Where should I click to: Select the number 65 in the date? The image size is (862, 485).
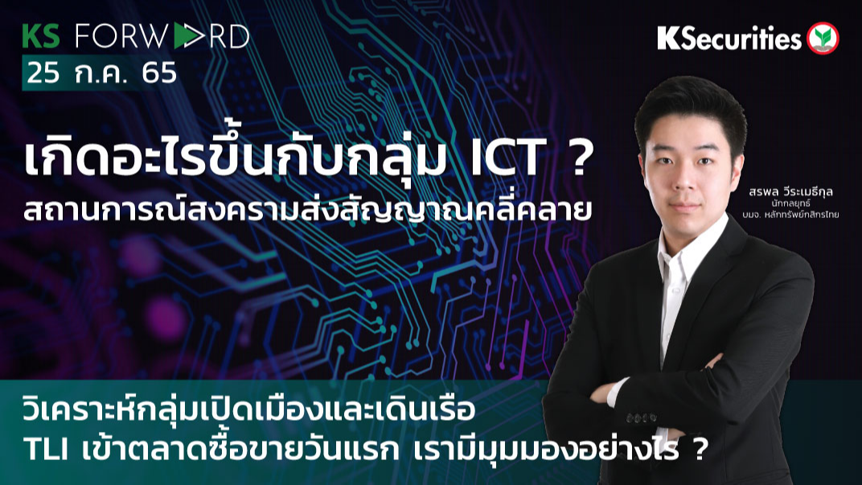point(158,73)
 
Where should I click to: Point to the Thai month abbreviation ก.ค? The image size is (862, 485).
point(101,73)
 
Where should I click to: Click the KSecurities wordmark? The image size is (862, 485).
point(729,38)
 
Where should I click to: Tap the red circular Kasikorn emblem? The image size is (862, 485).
point(823,39)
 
